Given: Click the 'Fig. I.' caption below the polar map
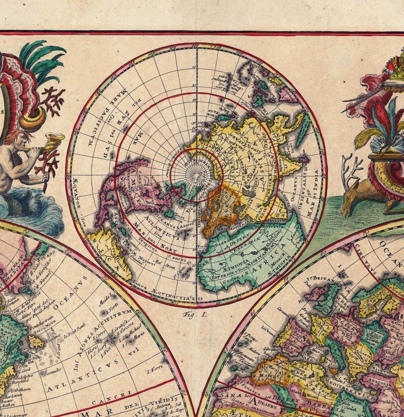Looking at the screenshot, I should click(196, 314).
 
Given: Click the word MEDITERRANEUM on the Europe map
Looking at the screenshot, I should click(362, 375).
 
